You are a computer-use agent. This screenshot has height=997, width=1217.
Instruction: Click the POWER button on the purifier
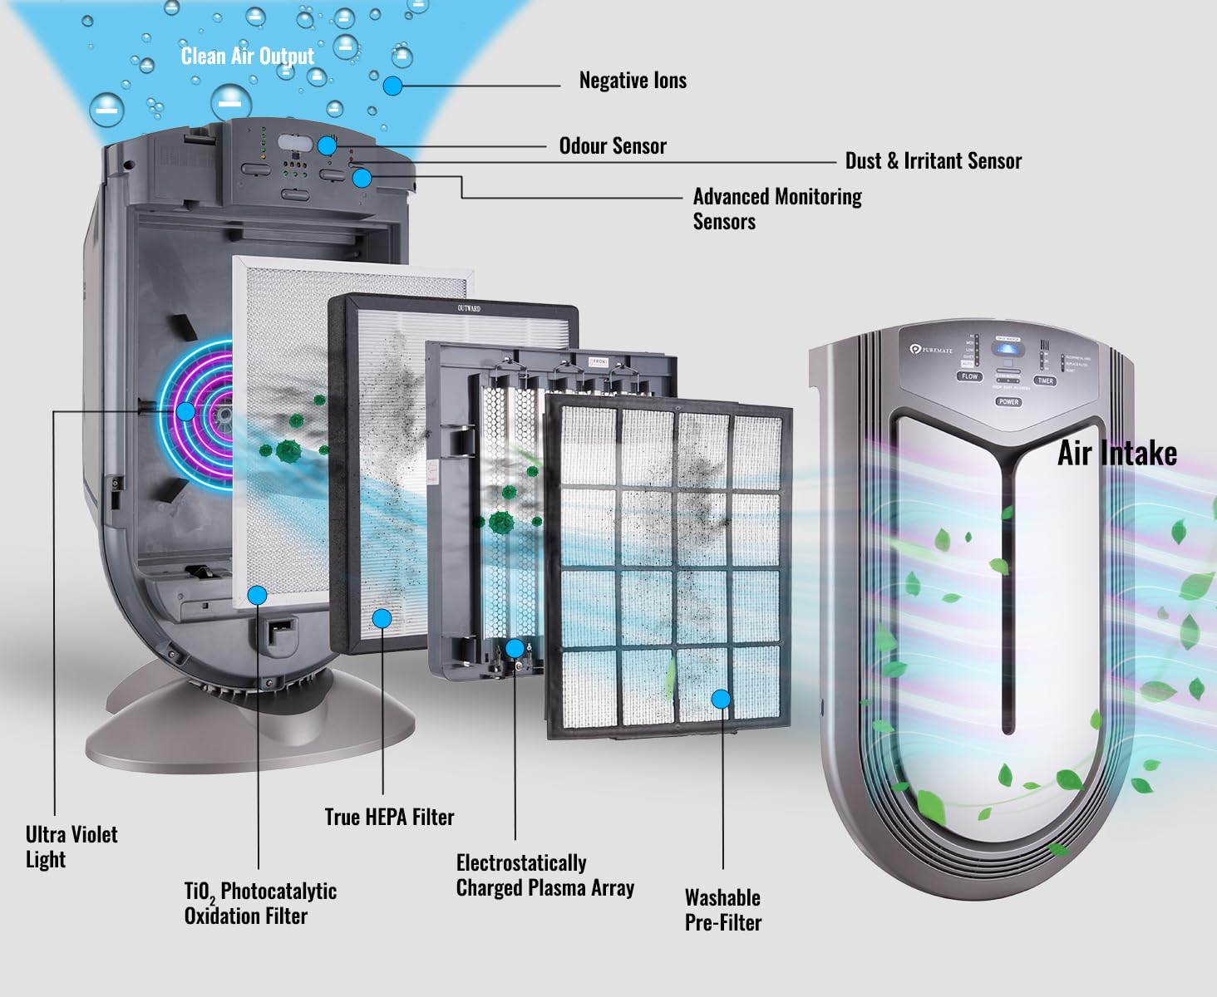(x=1008, y=401)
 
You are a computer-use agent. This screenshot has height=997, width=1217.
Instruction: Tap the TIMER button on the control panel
(x=1045, y=381)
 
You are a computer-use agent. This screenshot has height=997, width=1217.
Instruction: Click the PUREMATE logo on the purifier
(x=931, y=350)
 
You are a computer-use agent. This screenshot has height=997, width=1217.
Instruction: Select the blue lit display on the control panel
(x=1008, y=348)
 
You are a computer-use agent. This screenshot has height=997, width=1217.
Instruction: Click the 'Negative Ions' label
(x=633, y=81)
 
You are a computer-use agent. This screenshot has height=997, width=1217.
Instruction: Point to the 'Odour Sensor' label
(x=613, y=146)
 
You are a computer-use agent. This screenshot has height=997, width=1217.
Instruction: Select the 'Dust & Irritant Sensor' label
(x=933, y=161)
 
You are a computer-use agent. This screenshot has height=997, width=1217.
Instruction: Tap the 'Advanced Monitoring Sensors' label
(x=776, y=209)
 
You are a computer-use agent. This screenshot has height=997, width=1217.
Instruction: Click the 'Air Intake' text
(x=1116, y=454)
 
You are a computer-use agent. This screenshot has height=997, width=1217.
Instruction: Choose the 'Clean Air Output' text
(x=248, y=56)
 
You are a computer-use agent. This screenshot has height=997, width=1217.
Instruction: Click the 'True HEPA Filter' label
(x=389, y=818)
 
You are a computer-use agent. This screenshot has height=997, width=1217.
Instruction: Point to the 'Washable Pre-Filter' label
(x=722, y=910)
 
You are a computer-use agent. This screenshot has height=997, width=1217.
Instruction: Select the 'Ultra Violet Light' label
(x=71, y=847)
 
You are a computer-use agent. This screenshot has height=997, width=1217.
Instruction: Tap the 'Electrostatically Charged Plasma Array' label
(x=544, y=876)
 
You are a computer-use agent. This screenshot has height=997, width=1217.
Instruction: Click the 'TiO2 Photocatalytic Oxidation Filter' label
(x=260, y=903)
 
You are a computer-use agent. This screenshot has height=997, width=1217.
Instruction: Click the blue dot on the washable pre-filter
(x=721, y=700)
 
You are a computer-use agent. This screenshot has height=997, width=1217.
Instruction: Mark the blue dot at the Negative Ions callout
(x=392, y=85)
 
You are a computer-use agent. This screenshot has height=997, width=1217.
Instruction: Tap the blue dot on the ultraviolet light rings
(x=185, y=411)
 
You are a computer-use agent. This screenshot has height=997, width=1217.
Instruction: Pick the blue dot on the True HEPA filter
(x=382, y=618)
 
